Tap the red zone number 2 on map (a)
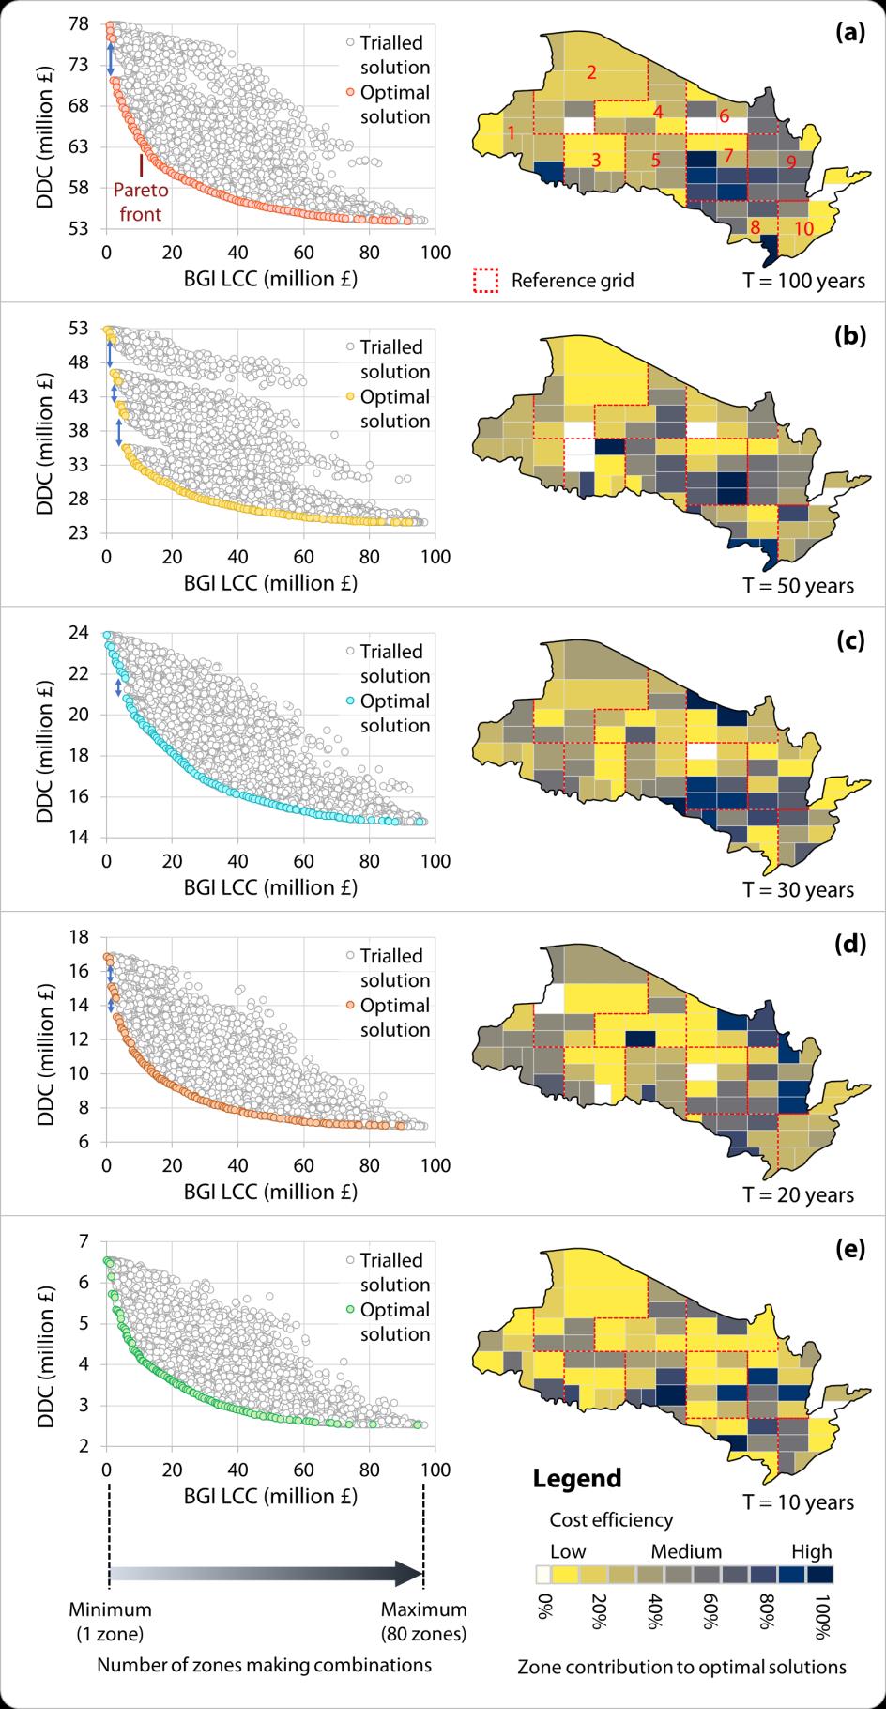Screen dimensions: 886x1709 click(592, 71)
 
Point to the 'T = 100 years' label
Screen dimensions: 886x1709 click(804, 281)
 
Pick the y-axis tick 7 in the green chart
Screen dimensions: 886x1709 click(84, 1241)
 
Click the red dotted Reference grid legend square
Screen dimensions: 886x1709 click(485, 281)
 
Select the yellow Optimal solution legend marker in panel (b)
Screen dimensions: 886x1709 click(349, 397)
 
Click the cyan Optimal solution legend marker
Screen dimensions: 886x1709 click(349, 701)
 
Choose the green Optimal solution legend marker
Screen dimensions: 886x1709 click(349, 1310)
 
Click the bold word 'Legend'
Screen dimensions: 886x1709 click(577, 1477)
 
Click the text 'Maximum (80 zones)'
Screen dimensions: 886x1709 click(423, 1622)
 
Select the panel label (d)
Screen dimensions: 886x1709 click(849, 945)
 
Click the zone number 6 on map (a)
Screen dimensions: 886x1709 click(725, 116)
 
